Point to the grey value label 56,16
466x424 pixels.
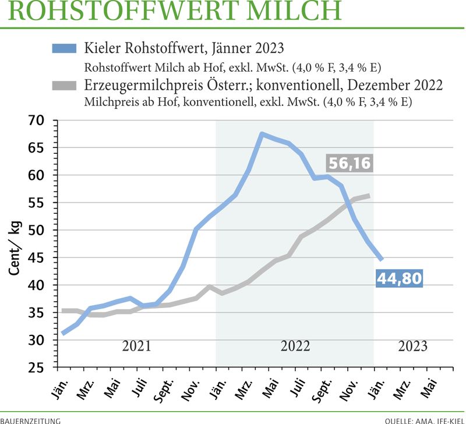tap(349, 164)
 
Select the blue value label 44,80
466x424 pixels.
tap(399, 278)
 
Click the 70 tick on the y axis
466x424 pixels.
tap(36, 121)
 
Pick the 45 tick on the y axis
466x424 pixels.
tap(36, 258)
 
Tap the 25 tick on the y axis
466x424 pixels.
tap(36, 368)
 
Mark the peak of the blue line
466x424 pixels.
tap(262, 134)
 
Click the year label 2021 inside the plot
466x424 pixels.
tap(136, 346)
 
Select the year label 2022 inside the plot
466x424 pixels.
tap(295, 346)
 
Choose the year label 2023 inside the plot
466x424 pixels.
tap(412, 346)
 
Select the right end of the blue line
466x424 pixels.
tap(382, 259)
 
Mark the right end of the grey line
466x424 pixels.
tap(369, 196)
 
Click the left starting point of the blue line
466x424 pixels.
tap(62, 333)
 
